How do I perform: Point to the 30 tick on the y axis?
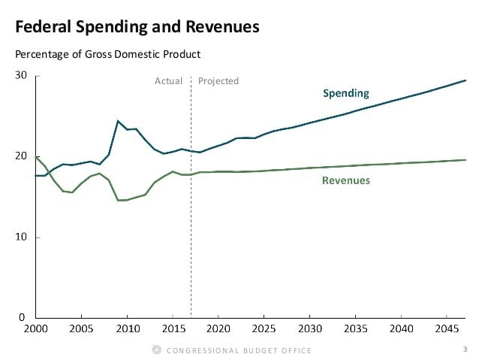point(21,76)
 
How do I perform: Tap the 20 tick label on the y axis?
point(21,156)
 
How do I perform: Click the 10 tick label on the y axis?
point(21,237)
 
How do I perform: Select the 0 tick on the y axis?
point(24,317)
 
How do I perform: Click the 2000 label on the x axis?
point(36,329)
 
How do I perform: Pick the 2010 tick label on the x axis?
point(127,329)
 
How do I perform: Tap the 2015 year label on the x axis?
point(173,329)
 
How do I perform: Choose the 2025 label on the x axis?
point(264,329)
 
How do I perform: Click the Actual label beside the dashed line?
point(168,81)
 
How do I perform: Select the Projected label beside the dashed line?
point(218,81)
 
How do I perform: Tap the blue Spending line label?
point(345,94)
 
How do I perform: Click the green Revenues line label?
point(345,180)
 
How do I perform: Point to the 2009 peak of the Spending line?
point(118,121)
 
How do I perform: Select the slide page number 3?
point(465,349)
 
